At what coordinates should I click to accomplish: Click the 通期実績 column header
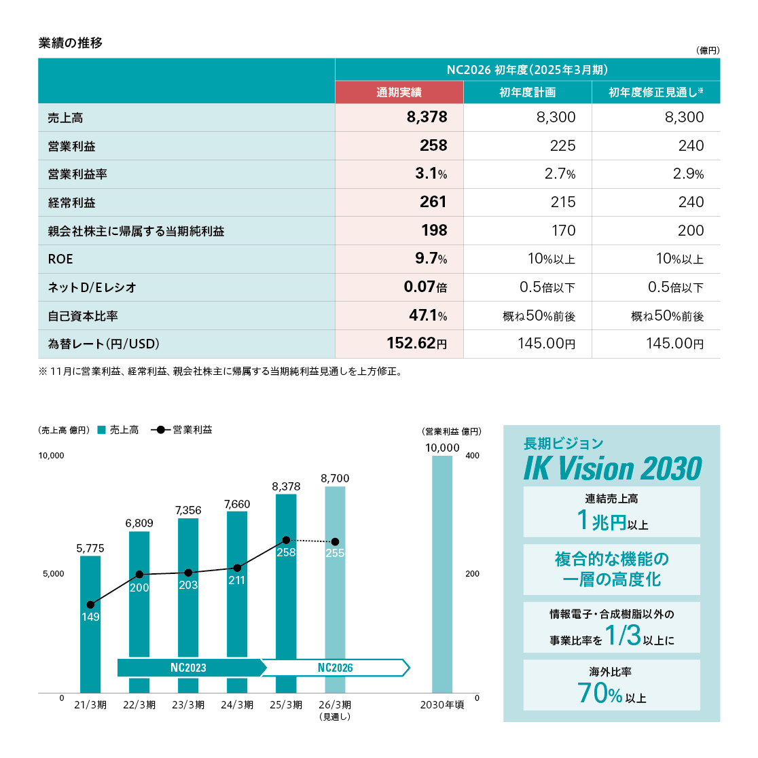click(399, 92)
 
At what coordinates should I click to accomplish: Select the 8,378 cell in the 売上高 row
click(427, 118)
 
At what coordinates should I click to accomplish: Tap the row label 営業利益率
click(77, 175)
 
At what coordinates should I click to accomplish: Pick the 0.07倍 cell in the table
click(425, 287)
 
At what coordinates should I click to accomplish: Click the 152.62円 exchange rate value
click(416, 344)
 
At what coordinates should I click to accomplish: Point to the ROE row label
click(60, 259)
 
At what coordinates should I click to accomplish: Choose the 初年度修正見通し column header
click(655, 92)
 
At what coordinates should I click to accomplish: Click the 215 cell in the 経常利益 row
click(563, 202)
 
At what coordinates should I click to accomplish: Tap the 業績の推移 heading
click(71, 43)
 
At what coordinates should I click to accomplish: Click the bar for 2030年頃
click(442, 574)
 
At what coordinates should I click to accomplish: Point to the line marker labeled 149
click(90, 604)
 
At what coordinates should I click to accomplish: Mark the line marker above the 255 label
click(335, 541)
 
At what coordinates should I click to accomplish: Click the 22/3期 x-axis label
click(139, 705)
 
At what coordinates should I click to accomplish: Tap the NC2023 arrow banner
click(190, 668)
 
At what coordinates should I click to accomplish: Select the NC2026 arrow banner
click(336, 668)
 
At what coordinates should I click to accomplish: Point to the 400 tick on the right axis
click(472, 456)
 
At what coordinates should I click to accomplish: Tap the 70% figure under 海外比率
click(600, 693)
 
